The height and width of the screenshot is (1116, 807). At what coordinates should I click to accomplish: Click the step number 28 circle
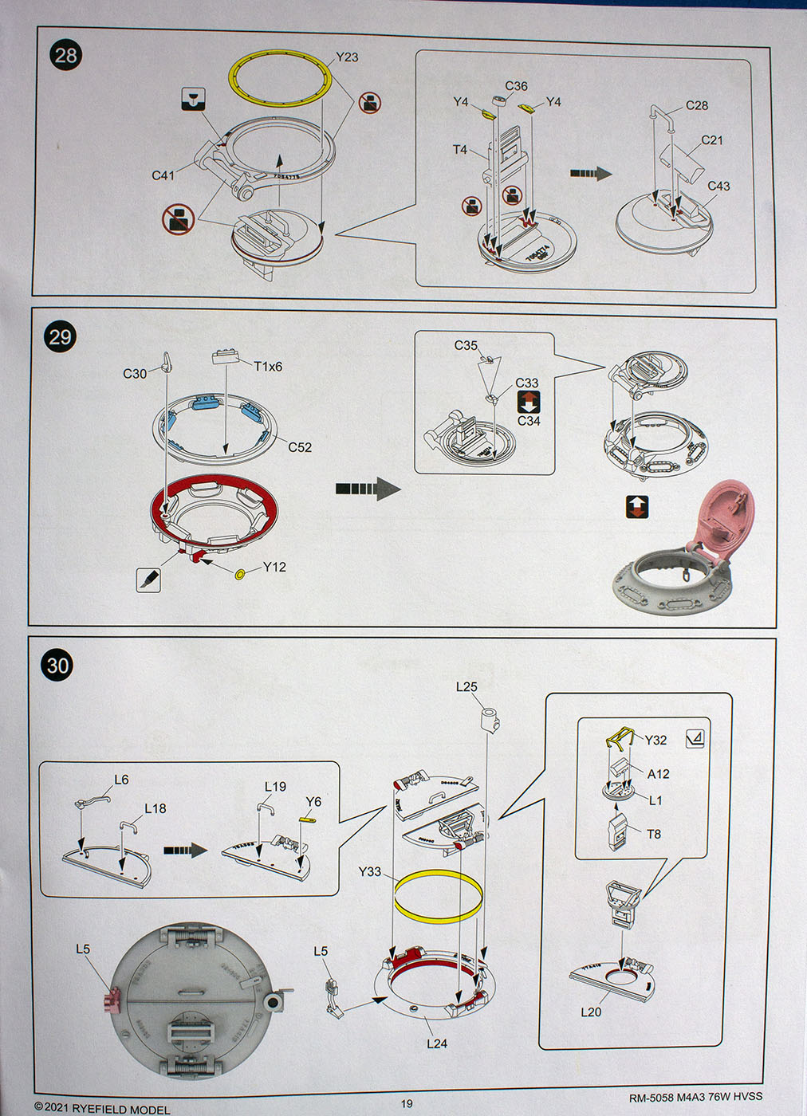click(66, 55)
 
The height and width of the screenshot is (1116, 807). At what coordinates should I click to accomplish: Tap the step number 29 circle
click(61, 337)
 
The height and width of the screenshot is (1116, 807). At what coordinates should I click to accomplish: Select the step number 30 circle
click(58, 665)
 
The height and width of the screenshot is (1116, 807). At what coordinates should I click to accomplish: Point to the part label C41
click(163, 175)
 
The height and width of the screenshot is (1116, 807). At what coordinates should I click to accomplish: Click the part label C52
click(300, 447)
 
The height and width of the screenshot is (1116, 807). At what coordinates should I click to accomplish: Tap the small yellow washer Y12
click(240, 574)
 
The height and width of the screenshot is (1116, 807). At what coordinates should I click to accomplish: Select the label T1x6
click(268, 367)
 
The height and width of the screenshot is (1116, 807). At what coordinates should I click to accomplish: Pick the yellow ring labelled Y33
click(438, 896)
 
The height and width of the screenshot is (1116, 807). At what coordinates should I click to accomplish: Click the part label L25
click(466, 686)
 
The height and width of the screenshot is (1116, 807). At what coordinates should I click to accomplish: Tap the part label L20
click(591, 1012)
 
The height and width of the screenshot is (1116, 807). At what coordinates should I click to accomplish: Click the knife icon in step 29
click(148, 580)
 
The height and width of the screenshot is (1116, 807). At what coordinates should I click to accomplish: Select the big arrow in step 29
click(368, 489)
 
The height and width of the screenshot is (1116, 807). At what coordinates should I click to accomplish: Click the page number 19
click(407, 1103)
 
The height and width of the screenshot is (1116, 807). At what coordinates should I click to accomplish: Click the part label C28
click(697, 105)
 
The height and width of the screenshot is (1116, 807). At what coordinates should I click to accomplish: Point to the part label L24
click(437, 1043)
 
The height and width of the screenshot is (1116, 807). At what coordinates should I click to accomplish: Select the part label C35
click(466, 345)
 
